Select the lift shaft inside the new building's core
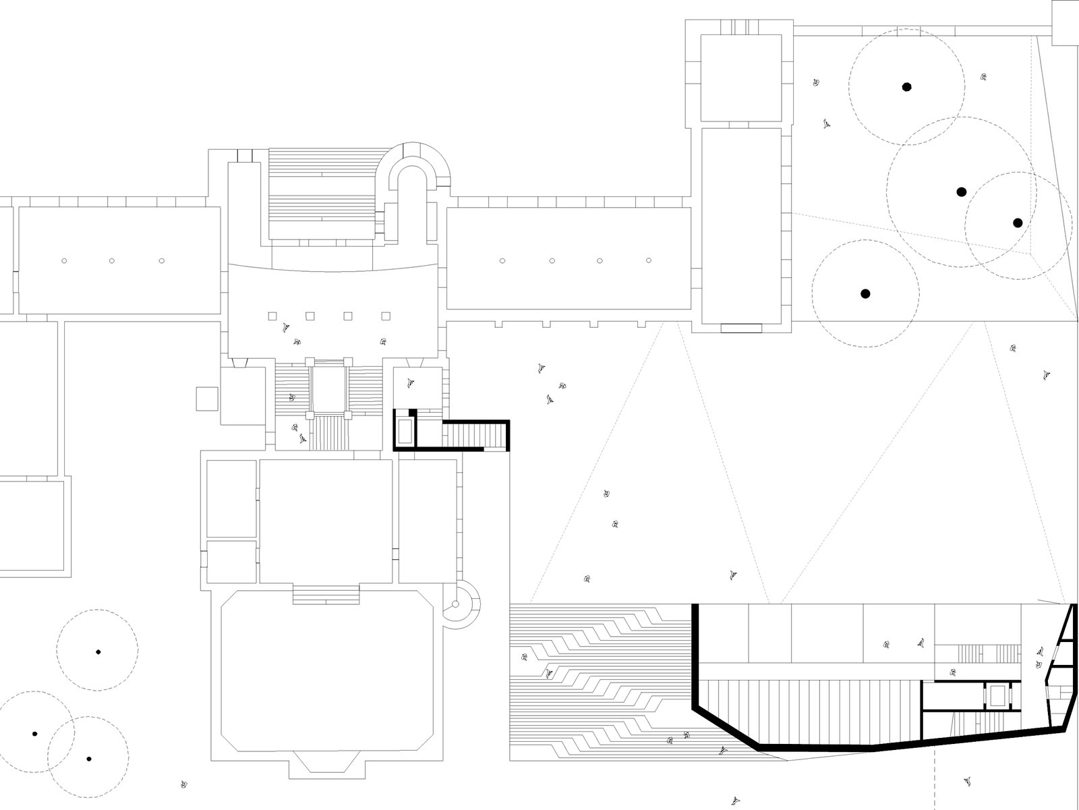995,695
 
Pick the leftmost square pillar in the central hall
272,316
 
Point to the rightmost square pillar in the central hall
386,316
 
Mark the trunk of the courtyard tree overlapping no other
865,293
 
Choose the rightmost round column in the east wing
649,260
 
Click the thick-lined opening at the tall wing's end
740,328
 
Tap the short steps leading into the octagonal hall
326,596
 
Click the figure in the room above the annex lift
411,383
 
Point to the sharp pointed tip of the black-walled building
1071,605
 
